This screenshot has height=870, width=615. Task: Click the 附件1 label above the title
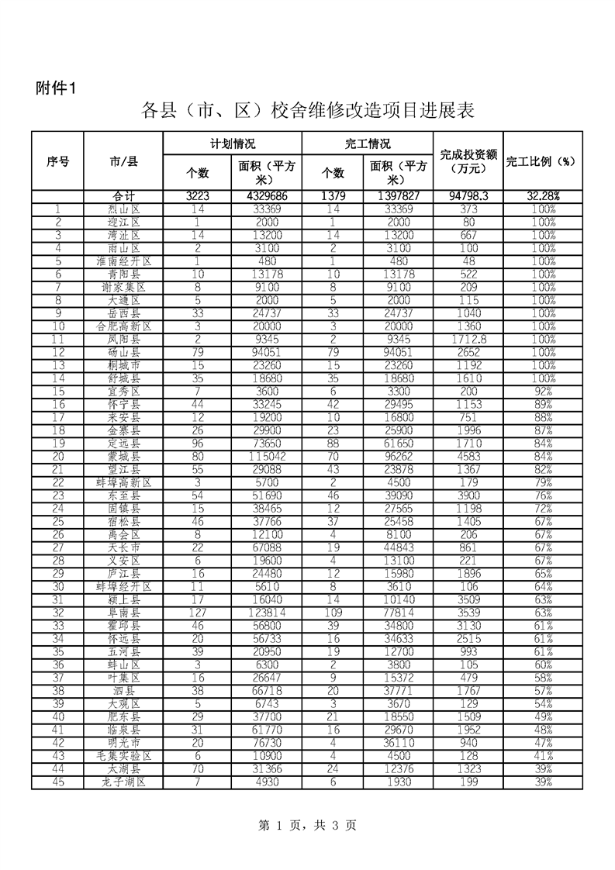pyautogui.click(x=56, y=87)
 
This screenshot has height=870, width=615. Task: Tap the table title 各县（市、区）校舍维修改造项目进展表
pyautogui.click(x=307, y=111)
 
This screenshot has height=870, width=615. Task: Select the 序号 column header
pyautogui.click(x=57, y=161)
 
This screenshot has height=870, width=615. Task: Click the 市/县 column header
pyautogui.click(x=123, y=161)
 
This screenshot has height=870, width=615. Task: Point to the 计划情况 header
pyautogui.click(x=232, y=144)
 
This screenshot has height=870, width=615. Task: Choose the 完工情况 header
pyautogui.click(x=367, y=144)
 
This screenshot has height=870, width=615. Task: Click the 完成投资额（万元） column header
pyautogui.click(x=468, y=161)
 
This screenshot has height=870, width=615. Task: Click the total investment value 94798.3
pyautogui.click(x=468, y=196)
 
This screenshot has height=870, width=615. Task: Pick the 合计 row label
pyautogui.click(x=123, y=196)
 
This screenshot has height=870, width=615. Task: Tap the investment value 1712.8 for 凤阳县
pyautogui.click(x=468, y=340)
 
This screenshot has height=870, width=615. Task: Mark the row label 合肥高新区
pyautogui.click(x=123, y=326)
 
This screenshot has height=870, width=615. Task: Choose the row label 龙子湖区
pyautogui.click(x=123, y=782)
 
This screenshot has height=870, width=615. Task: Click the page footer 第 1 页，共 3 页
pyautogui.click(x=307, y=826)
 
